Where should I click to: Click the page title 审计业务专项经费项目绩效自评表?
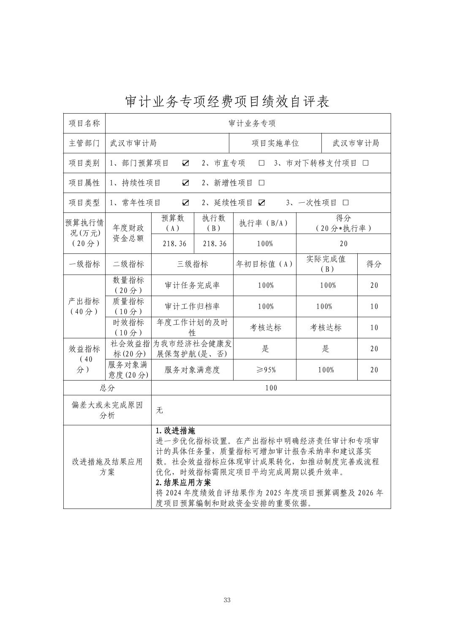click(227, 101)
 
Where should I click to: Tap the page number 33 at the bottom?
click(227, 600)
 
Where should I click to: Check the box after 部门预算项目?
click(185, 163)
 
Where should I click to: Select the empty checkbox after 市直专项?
click(261, 163)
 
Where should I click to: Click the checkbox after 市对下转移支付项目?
click(366, 163)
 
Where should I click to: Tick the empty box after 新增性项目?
click(261, 183)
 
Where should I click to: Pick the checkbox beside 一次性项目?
click(346, 203)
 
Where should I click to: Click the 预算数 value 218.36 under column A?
click(174, 244)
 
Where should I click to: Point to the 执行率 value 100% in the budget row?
click(265, 244)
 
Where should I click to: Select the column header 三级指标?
click(192, 264)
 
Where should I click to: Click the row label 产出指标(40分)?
click(84, 306)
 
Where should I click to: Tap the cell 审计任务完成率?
click(192, 285)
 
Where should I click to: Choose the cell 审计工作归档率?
click(192, 306)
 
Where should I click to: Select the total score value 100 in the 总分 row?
click(271, 388)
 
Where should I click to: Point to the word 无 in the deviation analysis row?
click(159, 410)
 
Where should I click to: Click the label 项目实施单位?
click(275, 143)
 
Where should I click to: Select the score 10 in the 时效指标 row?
click(374, 327)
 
